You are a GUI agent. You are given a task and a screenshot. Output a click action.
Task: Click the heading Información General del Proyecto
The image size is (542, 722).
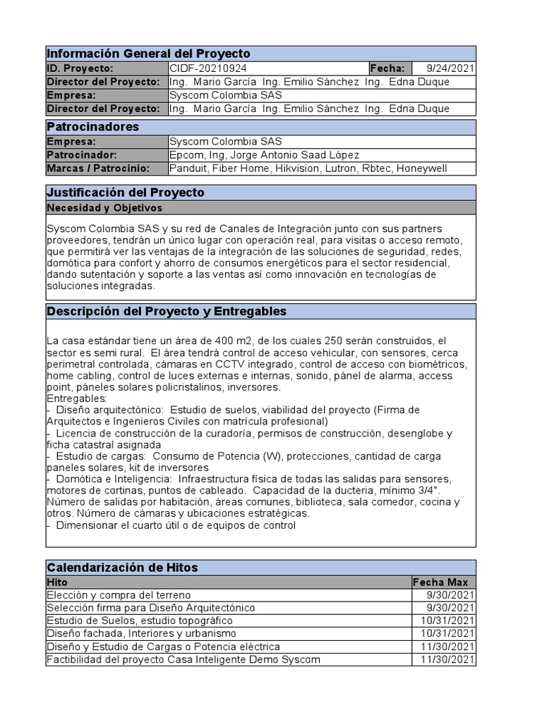pos(148,54)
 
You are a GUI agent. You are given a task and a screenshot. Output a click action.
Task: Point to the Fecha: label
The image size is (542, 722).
pos(387,68)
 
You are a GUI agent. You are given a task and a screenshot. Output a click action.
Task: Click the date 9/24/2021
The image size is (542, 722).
pos(451,68)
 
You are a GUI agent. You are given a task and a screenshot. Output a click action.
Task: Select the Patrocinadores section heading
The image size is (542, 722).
pos(92,127)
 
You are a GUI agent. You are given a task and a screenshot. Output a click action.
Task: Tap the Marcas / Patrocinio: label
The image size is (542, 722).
pos(98,168)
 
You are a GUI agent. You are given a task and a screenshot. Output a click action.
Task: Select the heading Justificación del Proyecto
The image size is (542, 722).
pos(125,192)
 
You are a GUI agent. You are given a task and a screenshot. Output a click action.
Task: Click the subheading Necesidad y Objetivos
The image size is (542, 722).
pos(104,207)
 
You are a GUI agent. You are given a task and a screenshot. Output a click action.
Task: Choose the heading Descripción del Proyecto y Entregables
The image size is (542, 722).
pos(166,311)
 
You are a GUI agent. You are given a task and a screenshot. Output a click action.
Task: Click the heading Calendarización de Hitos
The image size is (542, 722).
pos(122,567)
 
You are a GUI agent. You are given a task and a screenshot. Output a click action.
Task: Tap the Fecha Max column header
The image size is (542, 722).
pos(439,582)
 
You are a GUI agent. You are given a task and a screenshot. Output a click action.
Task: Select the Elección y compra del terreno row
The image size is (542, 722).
pos(119,595)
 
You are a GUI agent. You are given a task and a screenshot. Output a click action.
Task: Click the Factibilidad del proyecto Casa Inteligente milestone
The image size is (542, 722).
pos(183,659)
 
